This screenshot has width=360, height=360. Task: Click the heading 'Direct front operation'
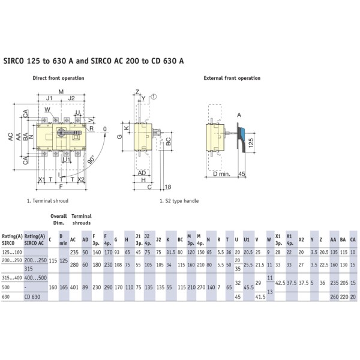(58, 78)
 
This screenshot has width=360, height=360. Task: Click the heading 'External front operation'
(232, 78)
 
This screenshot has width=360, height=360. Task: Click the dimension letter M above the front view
(61, 91)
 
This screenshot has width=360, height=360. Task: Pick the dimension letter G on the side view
(120, 137)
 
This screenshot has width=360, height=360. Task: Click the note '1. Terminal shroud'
(47, 201)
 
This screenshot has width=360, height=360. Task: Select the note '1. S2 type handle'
(178, 201)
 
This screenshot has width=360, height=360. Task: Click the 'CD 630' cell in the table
(32, 296)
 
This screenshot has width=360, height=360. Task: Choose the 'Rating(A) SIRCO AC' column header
(34, 239)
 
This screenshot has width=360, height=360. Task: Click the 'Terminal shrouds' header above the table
(81, 219)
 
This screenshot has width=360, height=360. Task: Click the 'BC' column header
(181, 239)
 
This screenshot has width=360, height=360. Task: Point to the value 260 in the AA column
(333, 296)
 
